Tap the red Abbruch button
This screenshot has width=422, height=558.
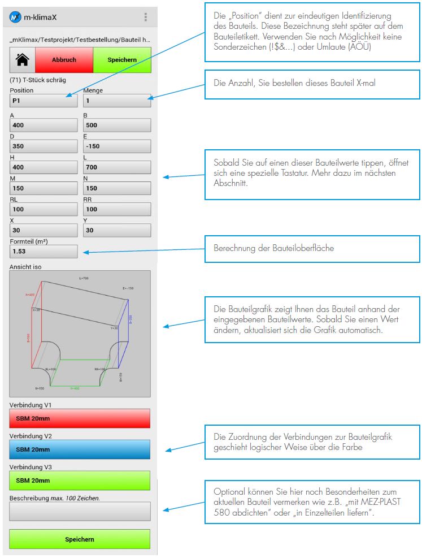point(64,59)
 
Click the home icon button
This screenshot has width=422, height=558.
point(23,59)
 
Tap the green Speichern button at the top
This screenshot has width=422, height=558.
point(122,59)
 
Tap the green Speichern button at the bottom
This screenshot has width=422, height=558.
point(80,539)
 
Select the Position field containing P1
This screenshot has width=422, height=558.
point(43,101)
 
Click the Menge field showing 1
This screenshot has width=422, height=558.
point(117,101)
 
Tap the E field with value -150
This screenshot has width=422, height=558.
point(117,146)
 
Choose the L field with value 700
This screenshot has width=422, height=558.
point(117,167)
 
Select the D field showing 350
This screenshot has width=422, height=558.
point(43,146)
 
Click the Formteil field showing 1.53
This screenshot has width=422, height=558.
point(43,251)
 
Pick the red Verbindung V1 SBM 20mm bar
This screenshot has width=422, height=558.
point(80,418)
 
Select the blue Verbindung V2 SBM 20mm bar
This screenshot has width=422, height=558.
point(80,449)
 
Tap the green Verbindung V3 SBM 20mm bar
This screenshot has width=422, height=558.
point(80,481)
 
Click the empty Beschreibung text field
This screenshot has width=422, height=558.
point(80,511)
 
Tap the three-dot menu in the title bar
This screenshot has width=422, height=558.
point(146,17)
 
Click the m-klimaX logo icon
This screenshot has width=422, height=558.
point(16,17)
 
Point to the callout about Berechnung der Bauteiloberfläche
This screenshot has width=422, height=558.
point(312,249)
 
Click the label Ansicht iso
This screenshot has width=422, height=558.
point(25,266)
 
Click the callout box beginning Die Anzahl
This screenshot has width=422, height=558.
point(312,83)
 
